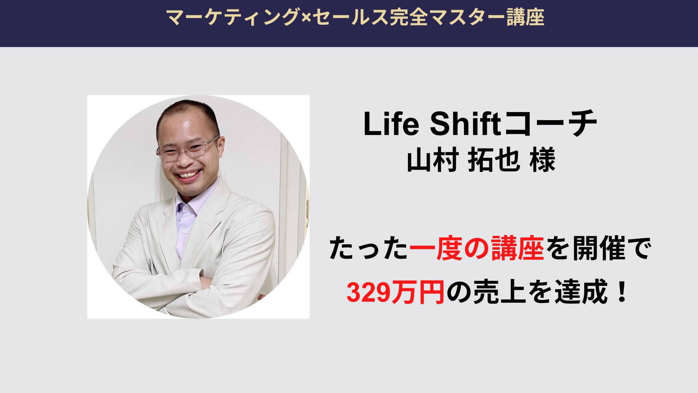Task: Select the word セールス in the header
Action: coord(350,17)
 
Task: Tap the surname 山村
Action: coord(432,160)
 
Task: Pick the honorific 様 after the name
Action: coord(542,160)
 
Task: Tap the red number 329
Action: coord(369,293)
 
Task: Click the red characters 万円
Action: coord(418,293)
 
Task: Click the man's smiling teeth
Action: coord(187,175)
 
